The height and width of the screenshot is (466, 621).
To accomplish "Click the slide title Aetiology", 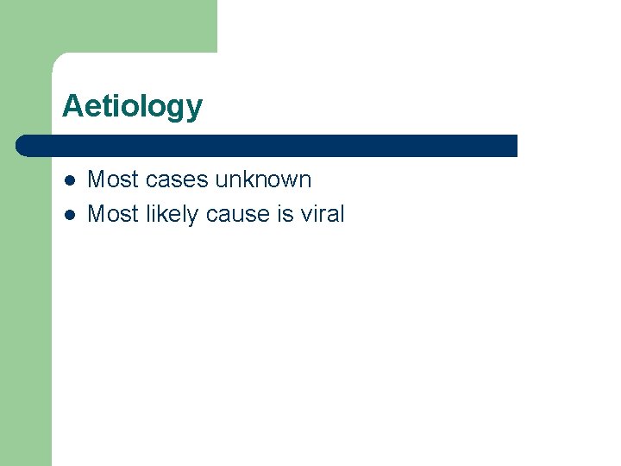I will coord(132,106).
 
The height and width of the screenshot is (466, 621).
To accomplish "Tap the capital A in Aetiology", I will coord(72,105).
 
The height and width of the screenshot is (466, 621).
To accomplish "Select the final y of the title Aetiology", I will coord(195,109).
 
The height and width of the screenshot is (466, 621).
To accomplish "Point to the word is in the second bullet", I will coord(285,214).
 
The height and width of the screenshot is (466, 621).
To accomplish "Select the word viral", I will coord(323,214).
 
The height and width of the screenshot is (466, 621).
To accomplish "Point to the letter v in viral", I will coord(306,215).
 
